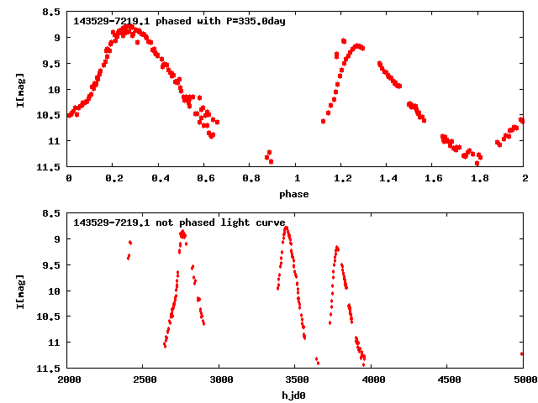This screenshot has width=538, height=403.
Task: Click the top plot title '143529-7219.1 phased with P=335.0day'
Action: (180, 21)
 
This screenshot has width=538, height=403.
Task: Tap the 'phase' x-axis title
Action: (294, 194)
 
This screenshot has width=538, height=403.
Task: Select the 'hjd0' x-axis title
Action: (294, 395)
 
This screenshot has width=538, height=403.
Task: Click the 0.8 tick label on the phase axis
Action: (251, 179)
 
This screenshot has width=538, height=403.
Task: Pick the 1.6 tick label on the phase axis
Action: (433, 179)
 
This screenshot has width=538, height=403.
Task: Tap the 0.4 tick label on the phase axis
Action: (160, 179)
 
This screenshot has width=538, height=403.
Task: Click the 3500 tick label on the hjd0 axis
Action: (296, 380)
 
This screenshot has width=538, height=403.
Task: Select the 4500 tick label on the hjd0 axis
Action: (448, 380)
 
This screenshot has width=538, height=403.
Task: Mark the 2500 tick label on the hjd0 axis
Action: (144, 380)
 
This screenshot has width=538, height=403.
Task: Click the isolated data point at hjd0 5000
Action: (523, 353)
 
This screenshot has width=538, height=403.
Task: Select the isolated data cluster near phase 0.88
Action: (269, 156)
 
